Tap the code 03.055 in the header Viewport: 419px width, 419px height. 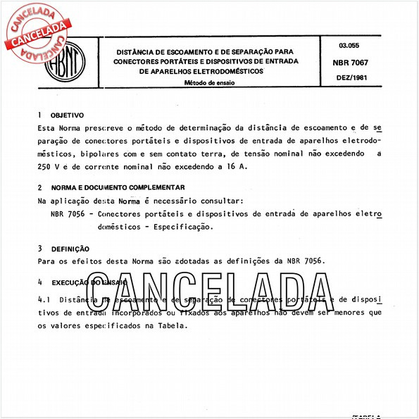tap(350, 45)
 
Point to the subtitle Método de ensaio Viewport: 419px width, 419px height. tap(209, 82)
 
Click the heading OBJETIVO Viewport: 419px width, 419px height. tap(68, 115)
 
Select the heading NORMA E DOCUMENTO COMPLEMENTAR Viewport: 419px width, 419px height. tap(118, 188)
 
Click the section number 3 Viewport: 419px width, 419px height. tap(40, 249)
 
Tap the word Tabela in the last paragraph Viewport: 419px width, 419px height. tap(173, 326)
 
